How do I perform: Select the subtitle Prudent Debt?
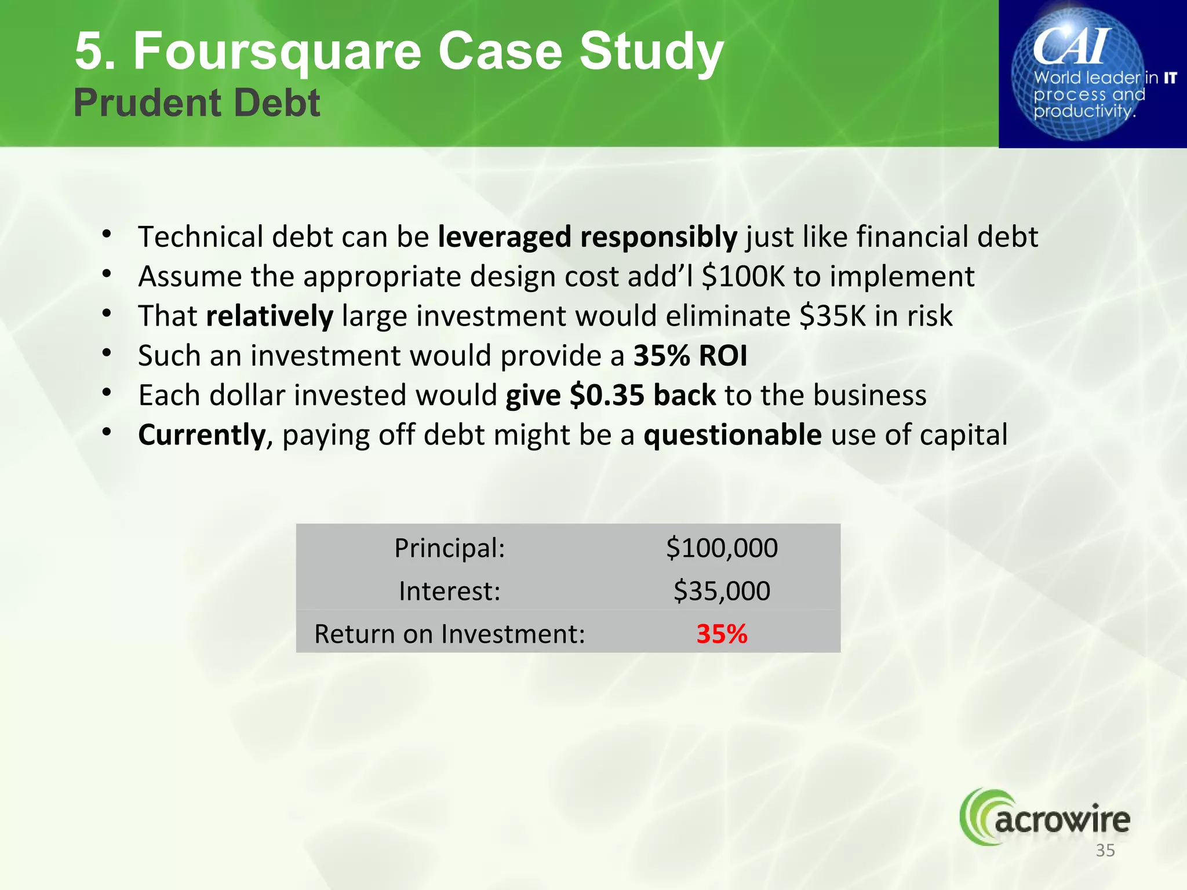coord(196,103)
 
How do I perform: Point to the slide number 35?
coord(1105,851)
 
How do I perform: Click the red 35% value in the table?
coord(722,633)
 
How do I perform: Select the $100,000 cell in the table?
coord(722,548)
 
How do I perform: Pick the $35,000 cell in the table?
coord(722,591)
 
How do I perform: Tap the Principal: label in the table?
coord(450,548)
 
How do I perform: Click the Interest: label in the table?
coord(450,591)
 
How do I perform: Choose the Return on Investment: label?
coord(450,633)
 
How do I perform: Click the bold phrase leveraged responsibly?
coord(587,237)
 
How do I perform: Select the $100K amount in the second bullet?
coord(742,276)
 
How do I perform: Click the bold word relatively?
coord(270,316)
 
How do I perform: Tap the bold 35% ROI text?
coord(690,356)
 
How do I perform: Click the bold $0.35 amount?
coord(607,395)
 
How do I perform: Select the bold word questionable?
coord(733,435)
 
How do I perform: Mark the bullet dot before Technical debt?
coord(107,235)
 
